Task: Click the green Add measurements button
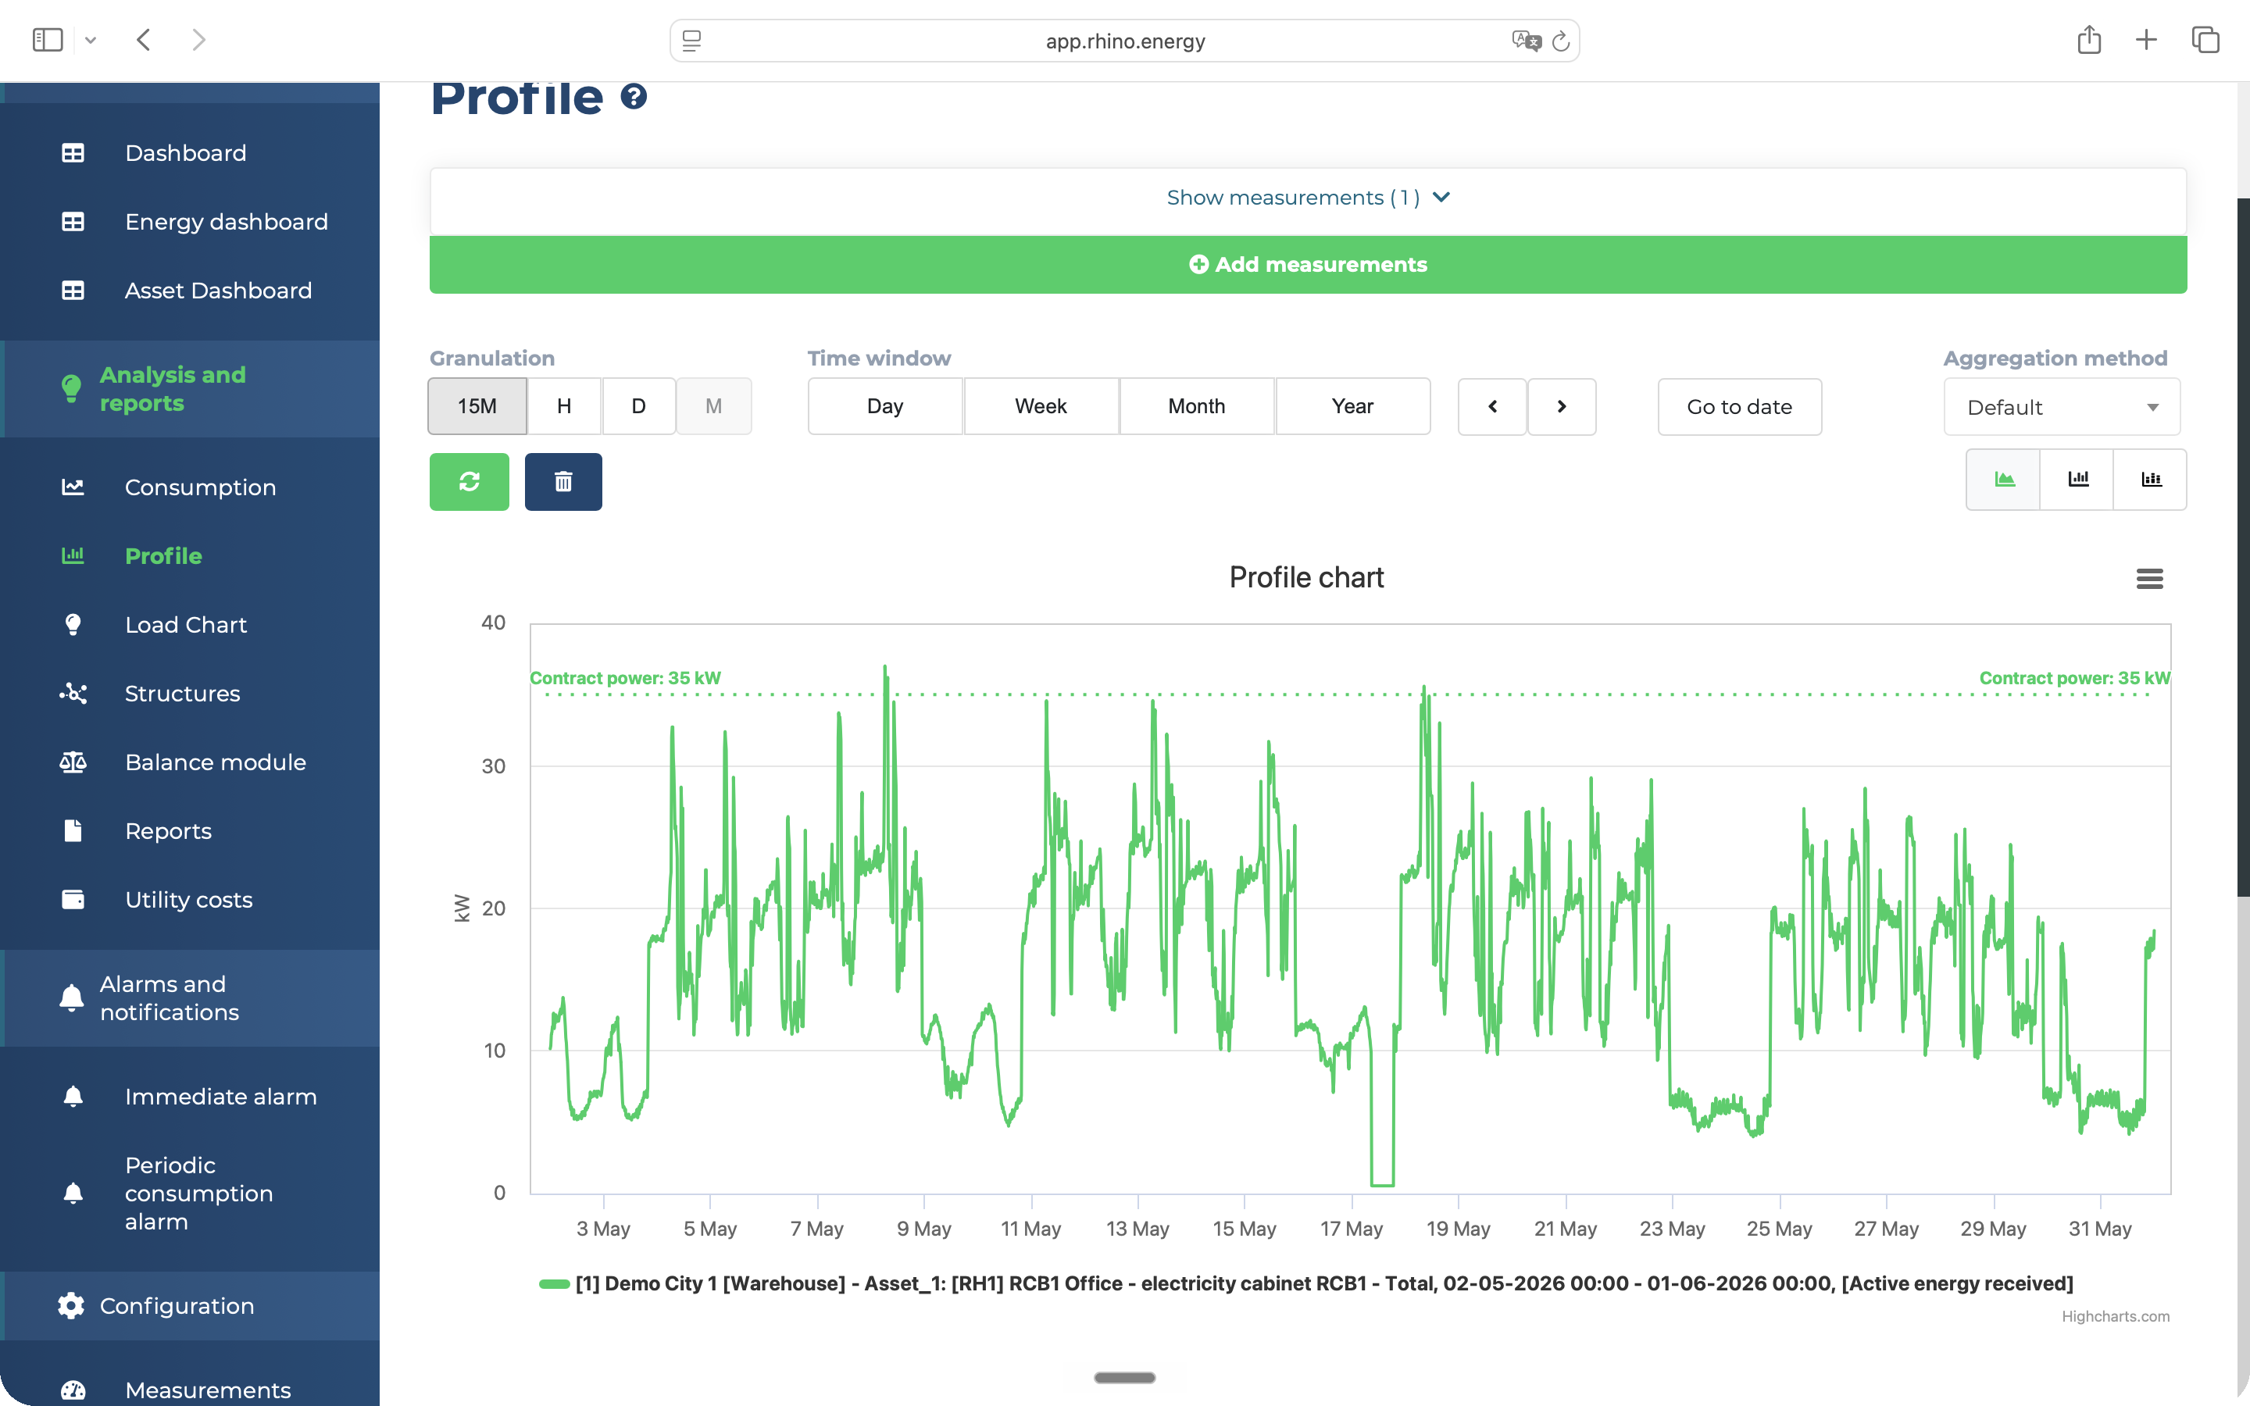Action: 1307,265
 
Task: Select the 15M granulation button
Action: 477,406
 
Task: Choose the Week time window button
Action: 1041,406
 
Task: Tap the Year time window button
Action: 1352,406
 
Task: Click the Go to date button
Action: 1738,406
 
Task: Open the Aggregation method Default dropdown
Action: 2060,406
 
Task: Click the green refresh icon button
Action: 470,482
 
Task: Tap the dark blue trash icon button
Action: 563,482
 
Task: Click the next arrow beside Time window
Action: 1562,406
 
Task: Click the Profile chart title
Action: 1306,577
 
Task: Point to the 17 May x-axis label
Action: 1352,1229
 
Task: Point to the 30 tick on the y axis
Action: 494,766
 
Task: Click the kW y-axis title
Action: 462,908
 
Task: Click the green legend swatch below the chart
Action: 554,1284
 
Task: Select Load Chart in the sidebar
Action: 186,625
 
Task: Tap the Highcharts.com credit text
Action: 2115,1316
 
